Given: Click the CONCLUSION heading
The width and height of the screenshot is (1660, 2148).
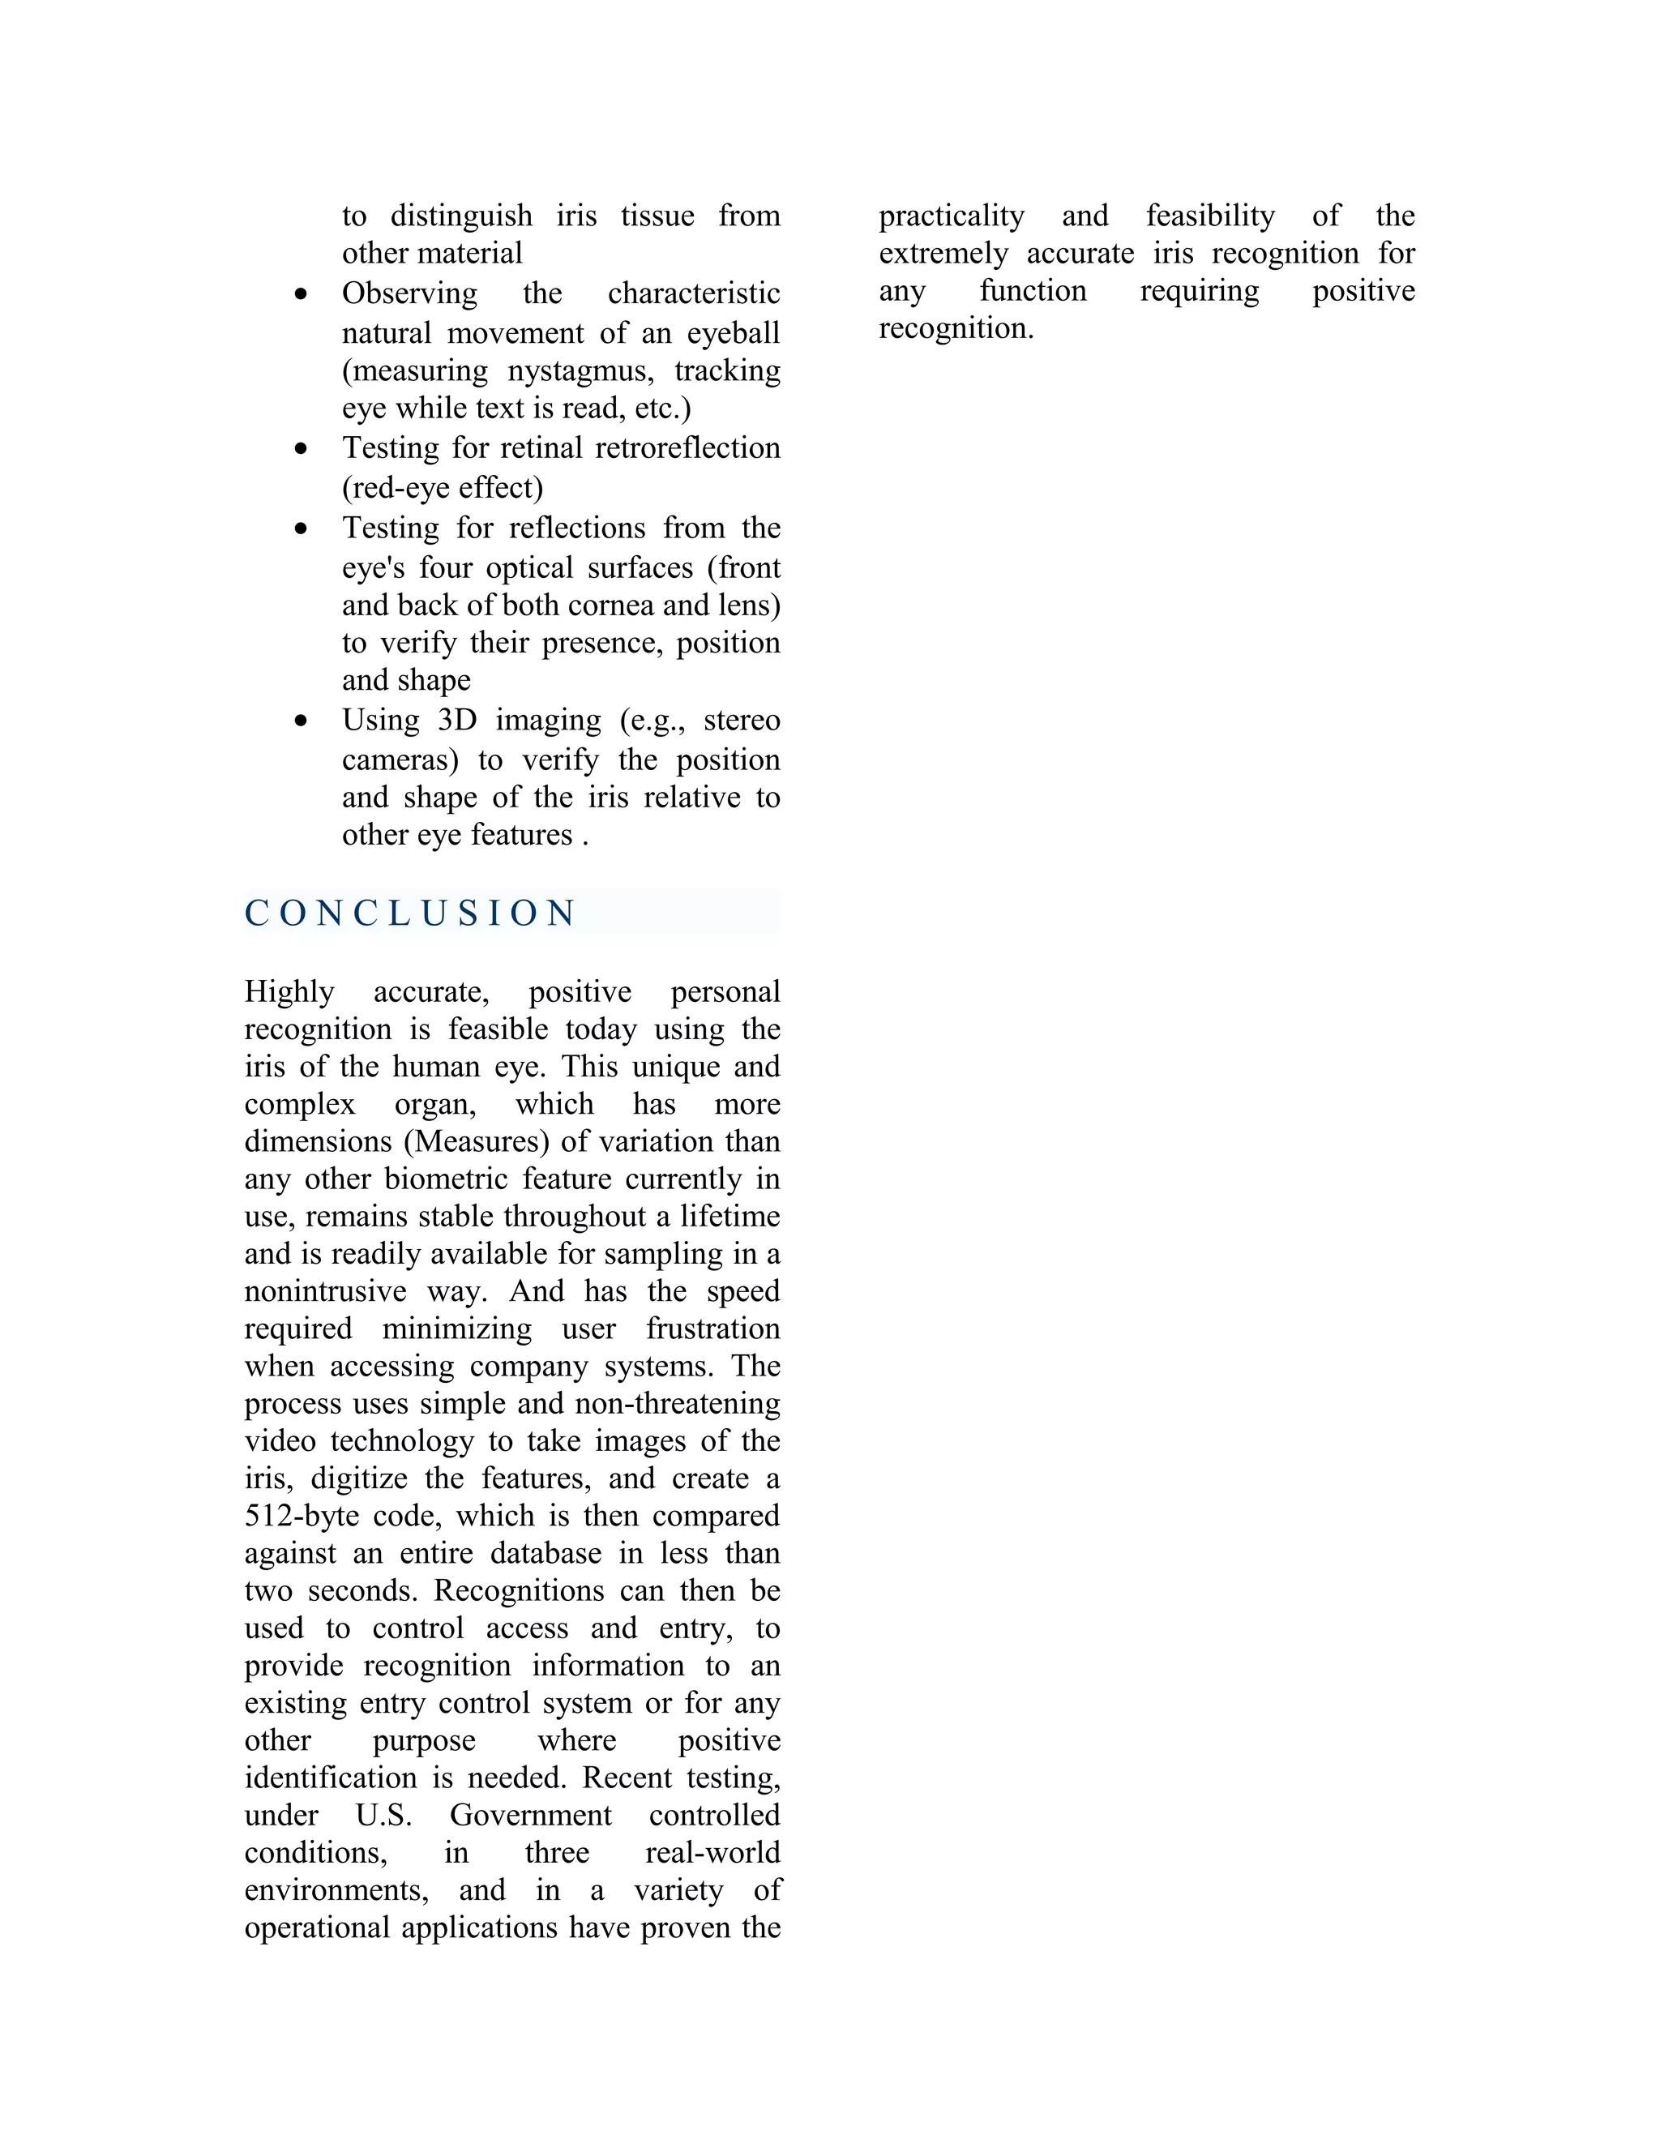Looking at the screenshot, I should tap(410, 913).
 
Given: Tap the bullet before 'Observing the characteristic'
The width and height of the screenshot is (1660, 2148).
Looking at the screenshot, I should tap(301, 294).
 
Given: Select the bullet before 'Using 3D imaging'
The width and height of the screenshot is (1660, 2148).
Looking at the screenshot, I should tap(301, 721).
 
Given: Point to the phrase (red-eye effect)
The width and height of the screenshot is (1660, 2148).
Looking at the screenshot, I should tap(443, 488).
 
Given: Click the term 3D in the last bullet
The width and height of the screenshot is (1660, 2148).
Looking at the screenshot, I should tap(457, 720).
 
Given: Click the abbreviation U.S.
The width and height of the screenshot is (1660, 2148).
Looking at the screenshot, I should tap(383, 1815).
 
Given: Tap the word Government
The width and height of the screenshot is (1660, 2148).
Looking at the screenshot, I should tap(531, 1815).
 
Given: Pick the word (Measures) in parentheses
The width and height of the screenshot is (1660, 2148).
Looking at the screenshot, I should tap(476, 1142).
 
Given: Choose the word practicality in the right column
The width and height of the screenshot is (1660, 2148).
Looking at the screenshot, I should tap(951, 216).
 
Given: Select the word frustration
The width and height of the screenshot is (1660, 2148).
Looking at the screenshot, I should tap(713, 1329).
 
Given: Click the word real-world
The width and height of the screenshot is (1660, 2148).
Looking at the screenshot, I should tap(712, 1852).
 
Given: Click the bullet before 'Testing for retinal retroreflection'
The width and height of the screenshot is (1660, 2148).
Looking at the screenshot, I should tap(301, 448).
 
